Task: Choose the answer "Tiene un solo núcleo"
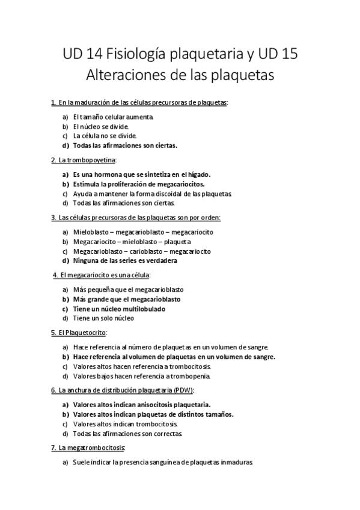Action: pos(103,318)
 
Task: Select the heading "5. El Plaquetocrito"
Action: pos(79,333)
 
